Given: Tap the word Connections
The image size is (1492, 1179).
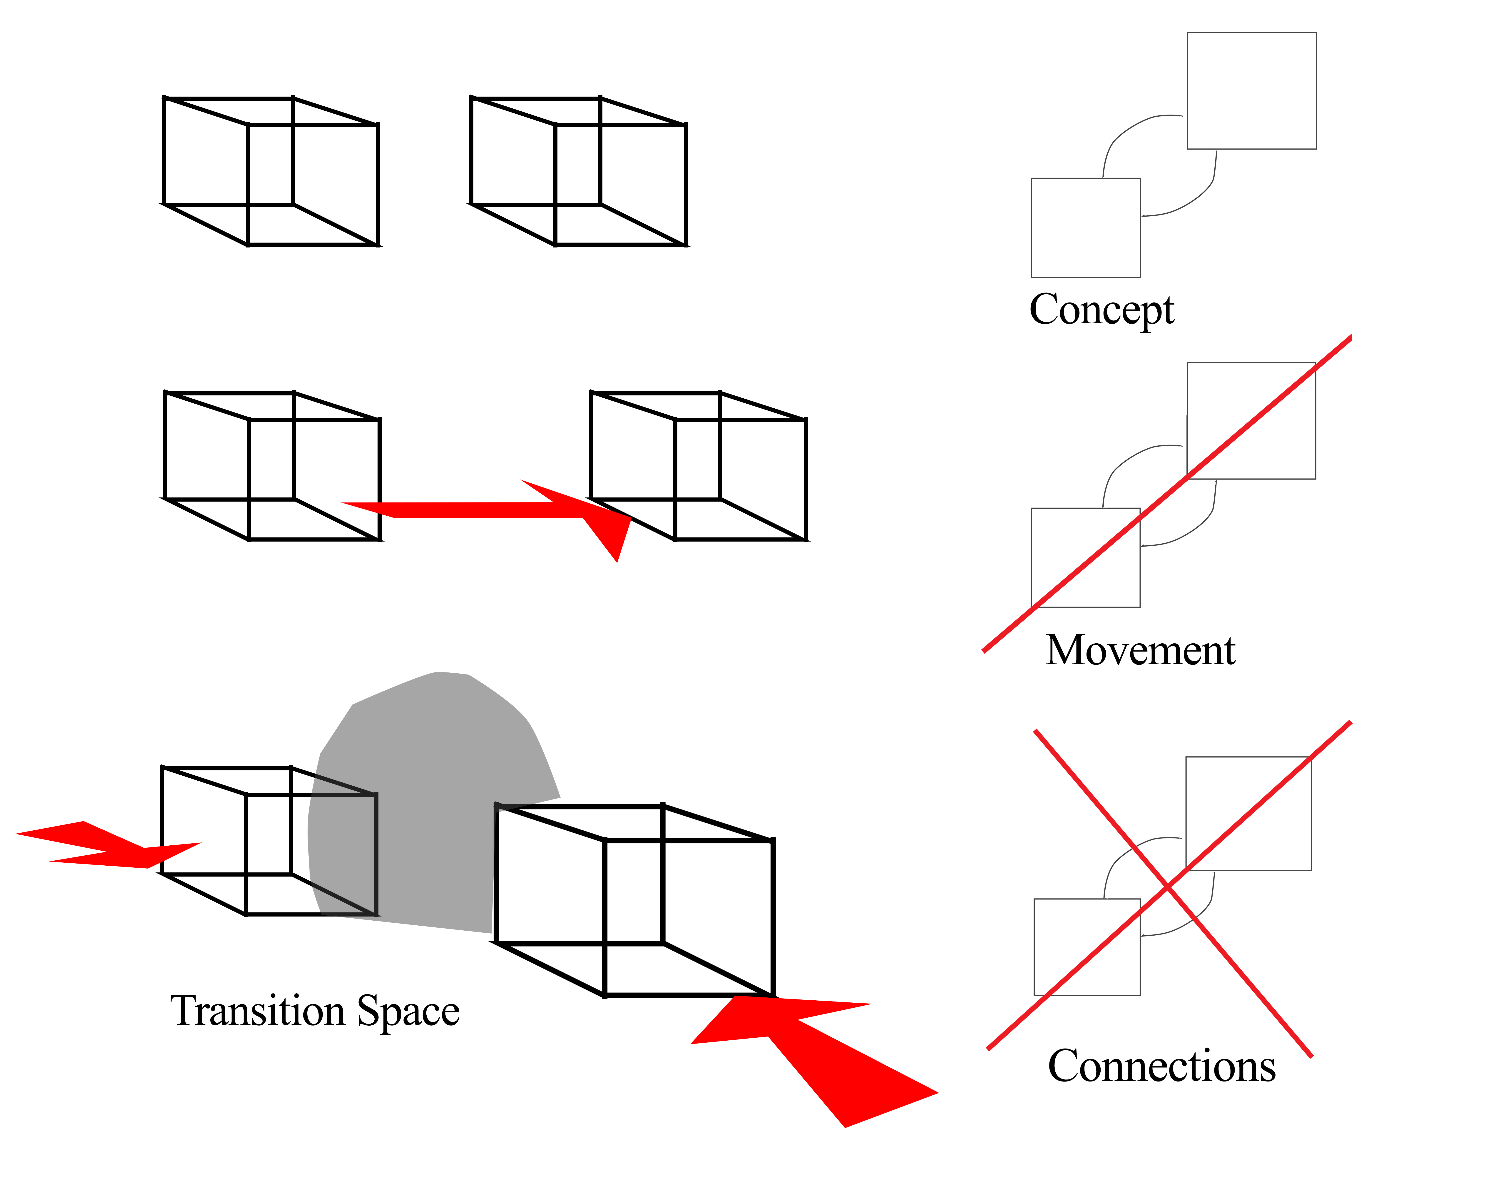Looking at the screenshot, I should pyautogui.click(x=1161, y=1066).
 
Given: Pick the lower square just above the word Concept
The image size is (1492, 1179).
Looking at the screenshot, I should pyautogui.click(x=1085, y=228).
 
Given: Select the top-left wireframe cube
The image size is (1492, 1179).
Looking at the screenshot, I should pyautogui.click(x=271, y=171).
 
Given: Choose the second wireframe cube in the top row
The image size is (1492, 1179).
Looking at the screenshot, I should pyautogui.click(x=578, y=171).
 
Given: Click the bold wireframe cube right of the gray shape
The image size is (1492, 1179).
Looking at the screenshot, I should pyautogui.click(x=635, y=901).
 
